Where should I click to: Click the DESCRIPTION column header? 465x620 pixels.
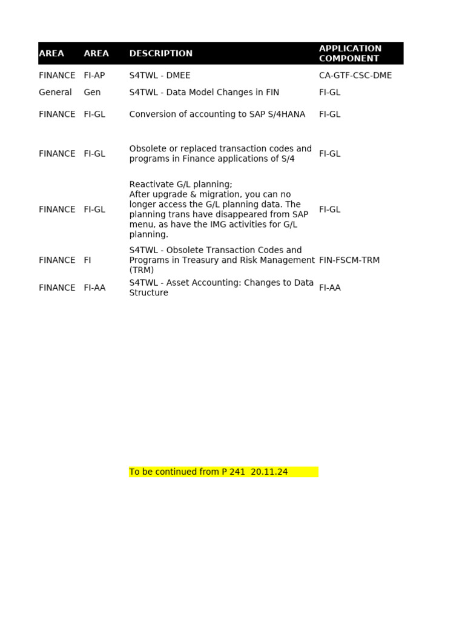(x=160, y=53)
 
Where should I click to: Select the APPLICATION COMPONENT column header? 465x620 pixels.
(x=350, y=53)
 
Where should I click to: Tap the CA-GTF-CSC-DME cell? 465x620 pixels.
(x=355, y=76)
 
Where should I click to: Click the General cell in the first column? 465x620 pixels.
(x=55, y=93)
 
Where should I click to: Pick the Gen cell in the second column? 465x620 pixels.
(x=92, y=93)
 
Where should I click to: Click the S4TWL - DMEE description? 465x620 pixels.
(x=159, y=76)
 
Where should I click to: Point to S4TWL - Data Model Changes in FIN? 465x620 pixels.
(x=204, y=93)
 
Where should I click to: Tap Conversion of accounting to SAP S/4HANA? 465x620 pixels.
(x=217, y=114)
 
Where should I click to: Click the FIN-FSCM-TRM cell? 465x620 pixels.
(x=349, y=260)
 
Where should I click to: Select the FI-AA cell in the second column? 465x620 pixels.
(x=94, y=288)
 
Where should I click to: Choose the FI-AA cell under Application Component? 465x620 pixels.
(x=329, y=288)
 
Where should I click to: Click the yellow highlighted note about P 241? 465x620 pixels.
(x=223, y=472)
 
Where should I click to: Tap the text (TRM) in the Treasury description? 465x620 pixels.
(x=141, y=271)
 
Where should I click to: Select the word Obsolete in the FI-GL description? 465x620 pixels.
(x=148, y=149)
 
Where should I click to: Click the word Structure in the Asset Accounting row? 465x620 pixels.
(x=148, y=293)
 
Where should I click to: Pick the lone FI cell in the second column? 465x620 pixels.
(x=87, y=260)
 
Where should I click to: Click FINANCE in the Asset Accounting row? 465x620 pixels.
(x=57, y=288)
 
